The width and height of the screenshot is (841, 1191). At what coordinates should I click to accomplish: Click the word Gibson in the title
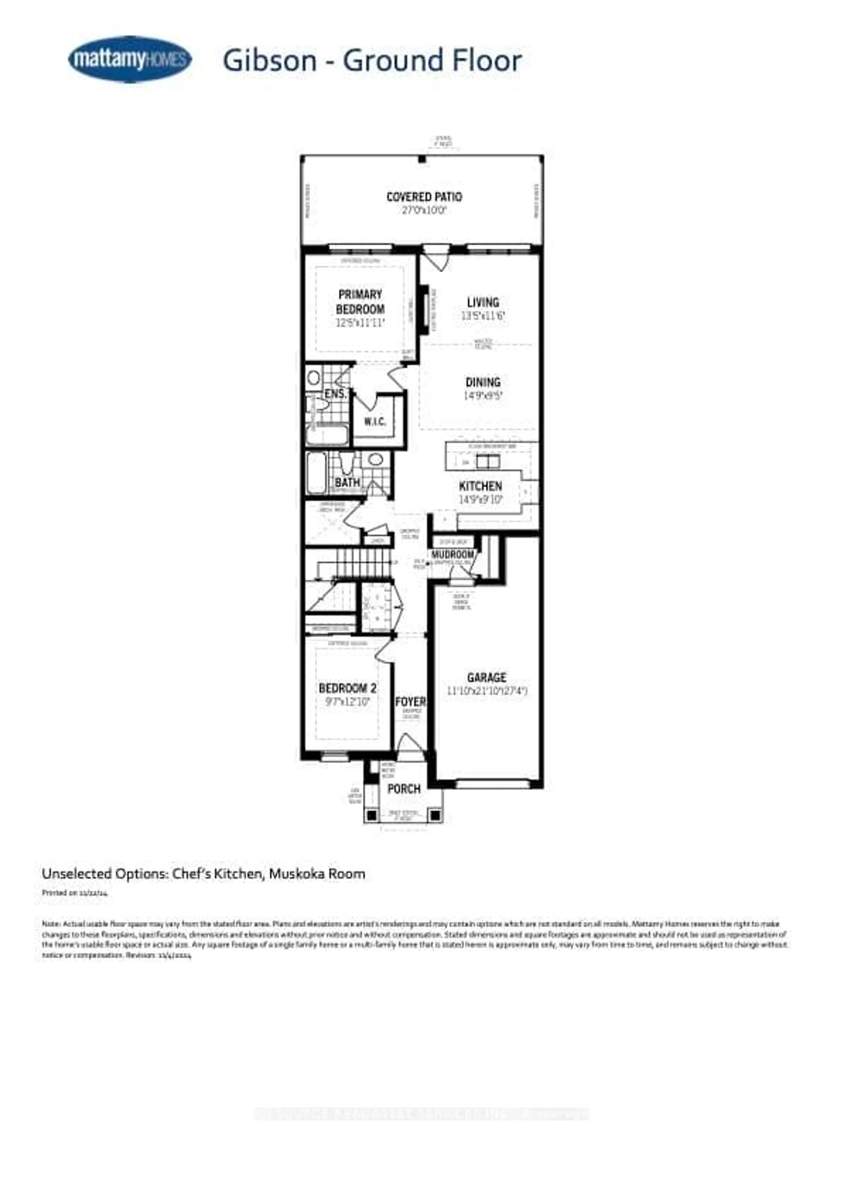(270, 61)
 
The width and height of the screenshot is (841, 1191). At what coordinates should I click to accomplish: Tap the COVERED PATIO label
(424, 197)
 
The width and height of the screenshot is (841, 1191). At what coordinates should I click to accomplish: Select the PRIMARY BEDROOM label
(360, 302)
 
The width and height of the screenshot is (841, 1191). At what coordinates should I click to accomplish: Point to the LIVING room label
(483, 302)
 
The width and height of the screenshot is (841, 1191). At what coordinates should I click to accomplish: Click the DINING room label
(483, 382)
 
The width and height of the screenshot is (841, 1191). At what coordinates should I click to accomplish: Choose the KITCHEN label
(481, 486)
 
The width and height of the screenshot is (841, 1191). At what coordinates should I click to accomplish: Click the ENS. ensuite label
(336, 394)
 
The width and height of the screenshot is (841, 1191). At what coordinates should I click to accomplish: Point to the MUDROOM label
(453, 555)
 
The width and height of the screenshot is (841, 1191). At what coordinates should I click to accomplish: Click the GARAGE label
(486, 677)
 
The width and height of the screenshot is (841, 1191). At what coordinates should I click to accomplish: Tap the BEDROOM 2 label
(347, 688)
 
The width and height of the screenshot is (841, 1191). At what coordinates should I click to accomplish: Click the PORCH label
(404, 789)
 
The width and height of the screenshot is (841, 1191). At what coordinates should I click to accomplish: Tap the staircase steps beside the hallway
(363, 563)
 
